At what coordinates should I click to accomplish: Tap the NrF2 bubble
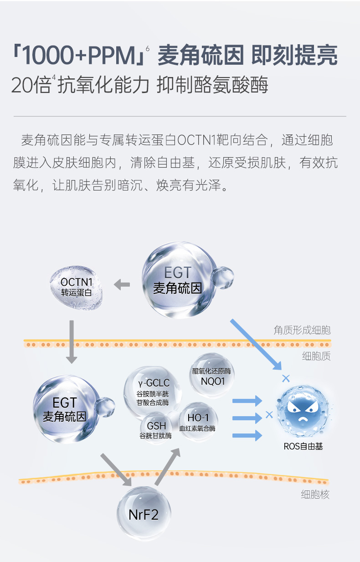pyautogui.click(x=144, y=514)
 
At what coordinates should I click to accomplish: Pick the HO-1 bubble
pyautogui.click(x=197, y=422)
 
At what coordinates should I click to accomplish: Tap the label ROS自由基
pyautogui.click(x=303, y=446)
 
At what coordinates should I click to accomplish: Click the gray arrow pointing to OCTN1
pyautogui.click(x=122, y=285)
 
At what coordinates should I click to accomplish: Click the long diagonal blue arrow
pyautogui.click(x=256, y=345)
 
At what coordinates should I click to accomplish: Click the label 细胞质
pyautogui.click(x=316, y=356)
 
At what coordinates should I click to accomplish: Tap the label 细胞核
pyautogui.click(x=315, y=494)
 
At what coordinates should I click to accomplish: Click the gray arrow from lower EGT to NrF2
pyautogui.click(x=116, y=469)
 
